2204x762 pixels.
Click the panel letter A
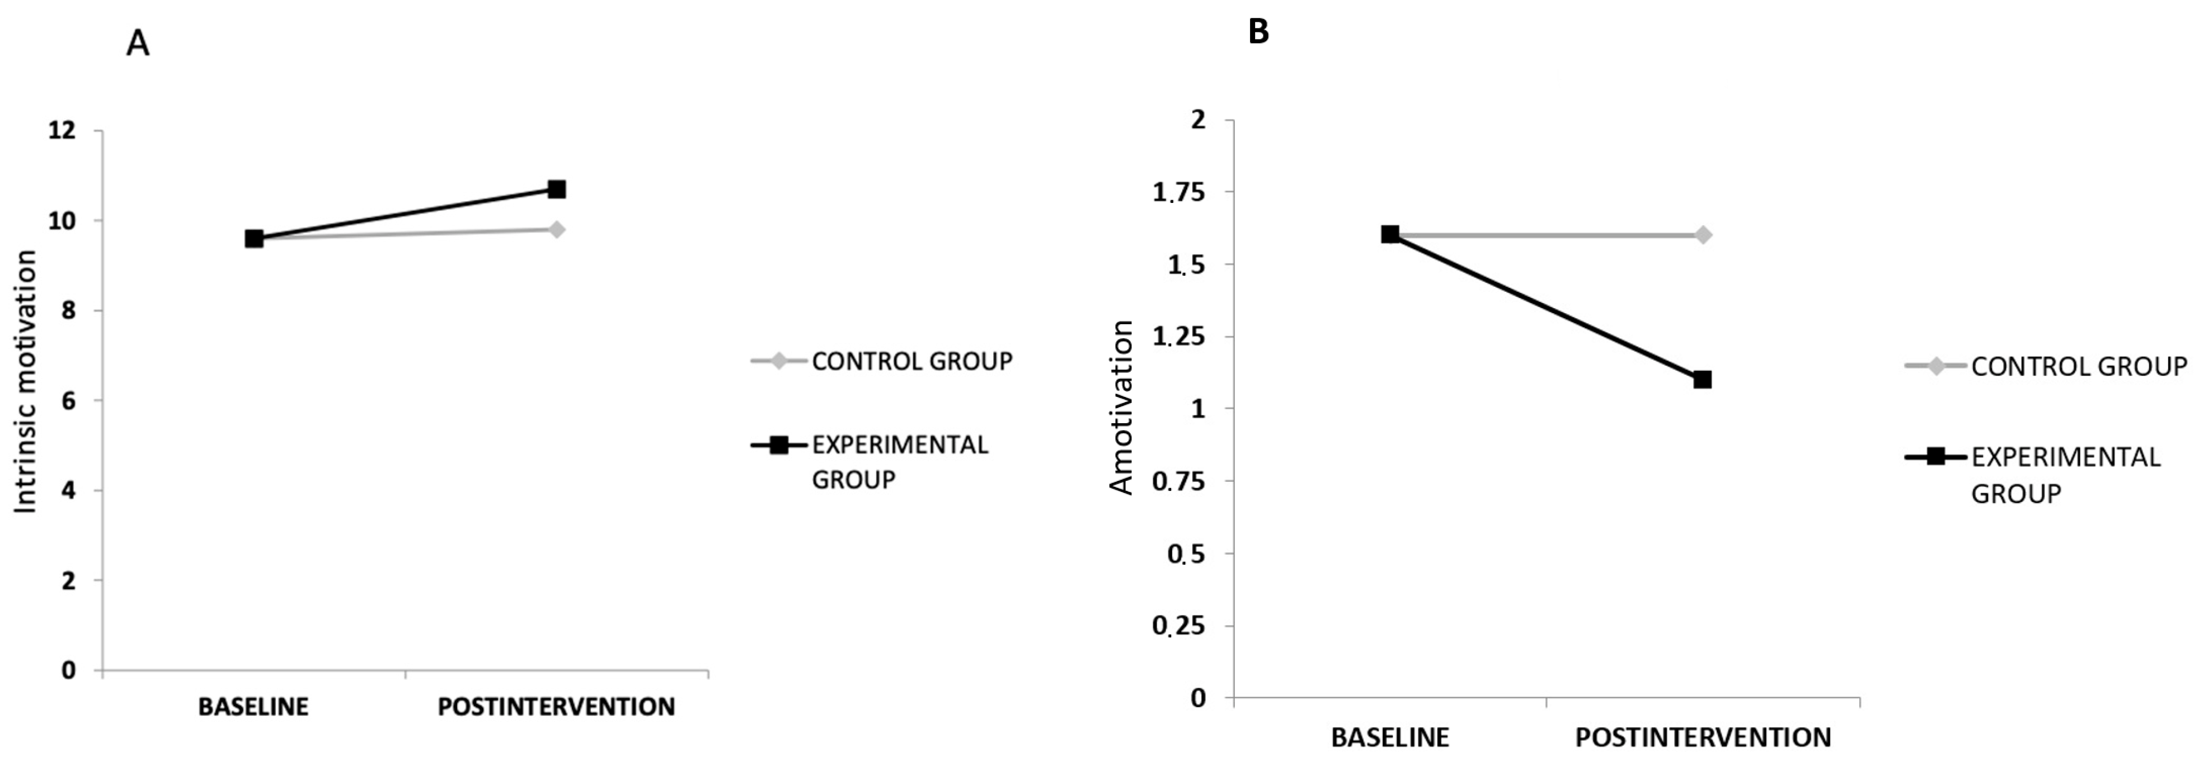[138, 42]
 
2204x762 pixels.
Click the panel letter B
[1258, 32]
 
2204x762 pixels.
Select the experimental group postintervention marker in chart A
[556, 189]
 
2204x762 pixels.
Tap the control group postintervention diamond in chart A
[556, 229]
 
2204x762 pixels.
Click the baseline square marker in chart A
[254, 239]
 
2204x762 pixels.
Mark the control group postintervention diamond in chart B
[1703, 234]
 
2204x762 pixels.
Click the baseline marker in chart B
[1390, 234]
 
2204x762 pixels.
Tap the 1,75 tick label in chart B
[1179, 192]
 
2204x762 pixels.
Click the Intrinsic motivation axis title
[26, 381]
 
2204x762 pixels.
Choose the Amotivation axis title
[1121, 407]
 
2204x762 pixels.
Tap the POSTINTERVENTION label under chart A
[556, 707]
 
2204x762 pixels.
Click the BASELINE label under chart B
[1390, 737]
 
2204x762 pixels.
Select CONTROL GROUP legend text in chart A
[911, 362]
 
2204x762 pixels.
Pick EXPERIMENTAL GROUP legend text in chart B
[2065, 475]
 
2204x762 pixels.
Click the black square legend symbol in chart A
[778, 444]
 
